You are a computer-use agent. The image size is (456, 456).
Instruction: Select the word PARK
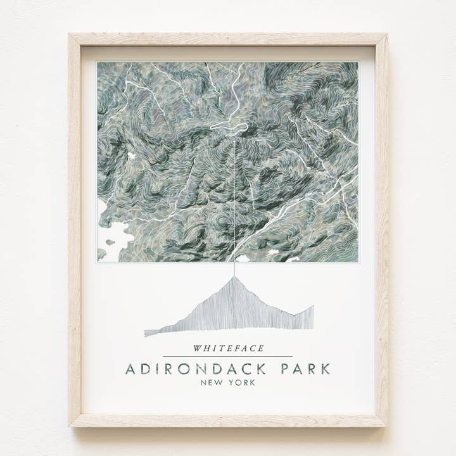(301, 369)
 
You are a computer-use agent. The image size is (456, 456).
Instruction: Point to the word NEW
(210, 383)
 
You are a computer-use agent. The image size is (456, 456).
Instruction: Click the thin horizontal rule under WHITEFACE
(228, 357)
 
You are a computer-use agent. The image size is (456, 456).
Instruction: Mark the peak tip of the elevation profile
(234, 277)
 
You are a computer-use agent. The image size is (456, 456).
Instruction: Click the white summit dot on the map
(234, 141)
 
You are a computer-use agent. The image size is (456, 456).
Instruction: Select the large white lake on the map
(114, 237)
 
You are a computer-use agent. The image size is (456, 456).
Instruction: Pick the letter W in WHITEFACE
(198, 348)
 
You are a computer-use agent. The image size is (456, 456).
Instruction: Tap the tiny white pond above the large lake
(131, 156)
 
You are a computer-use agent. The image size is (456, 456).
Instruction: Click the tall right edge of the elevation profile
(312, 317)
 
